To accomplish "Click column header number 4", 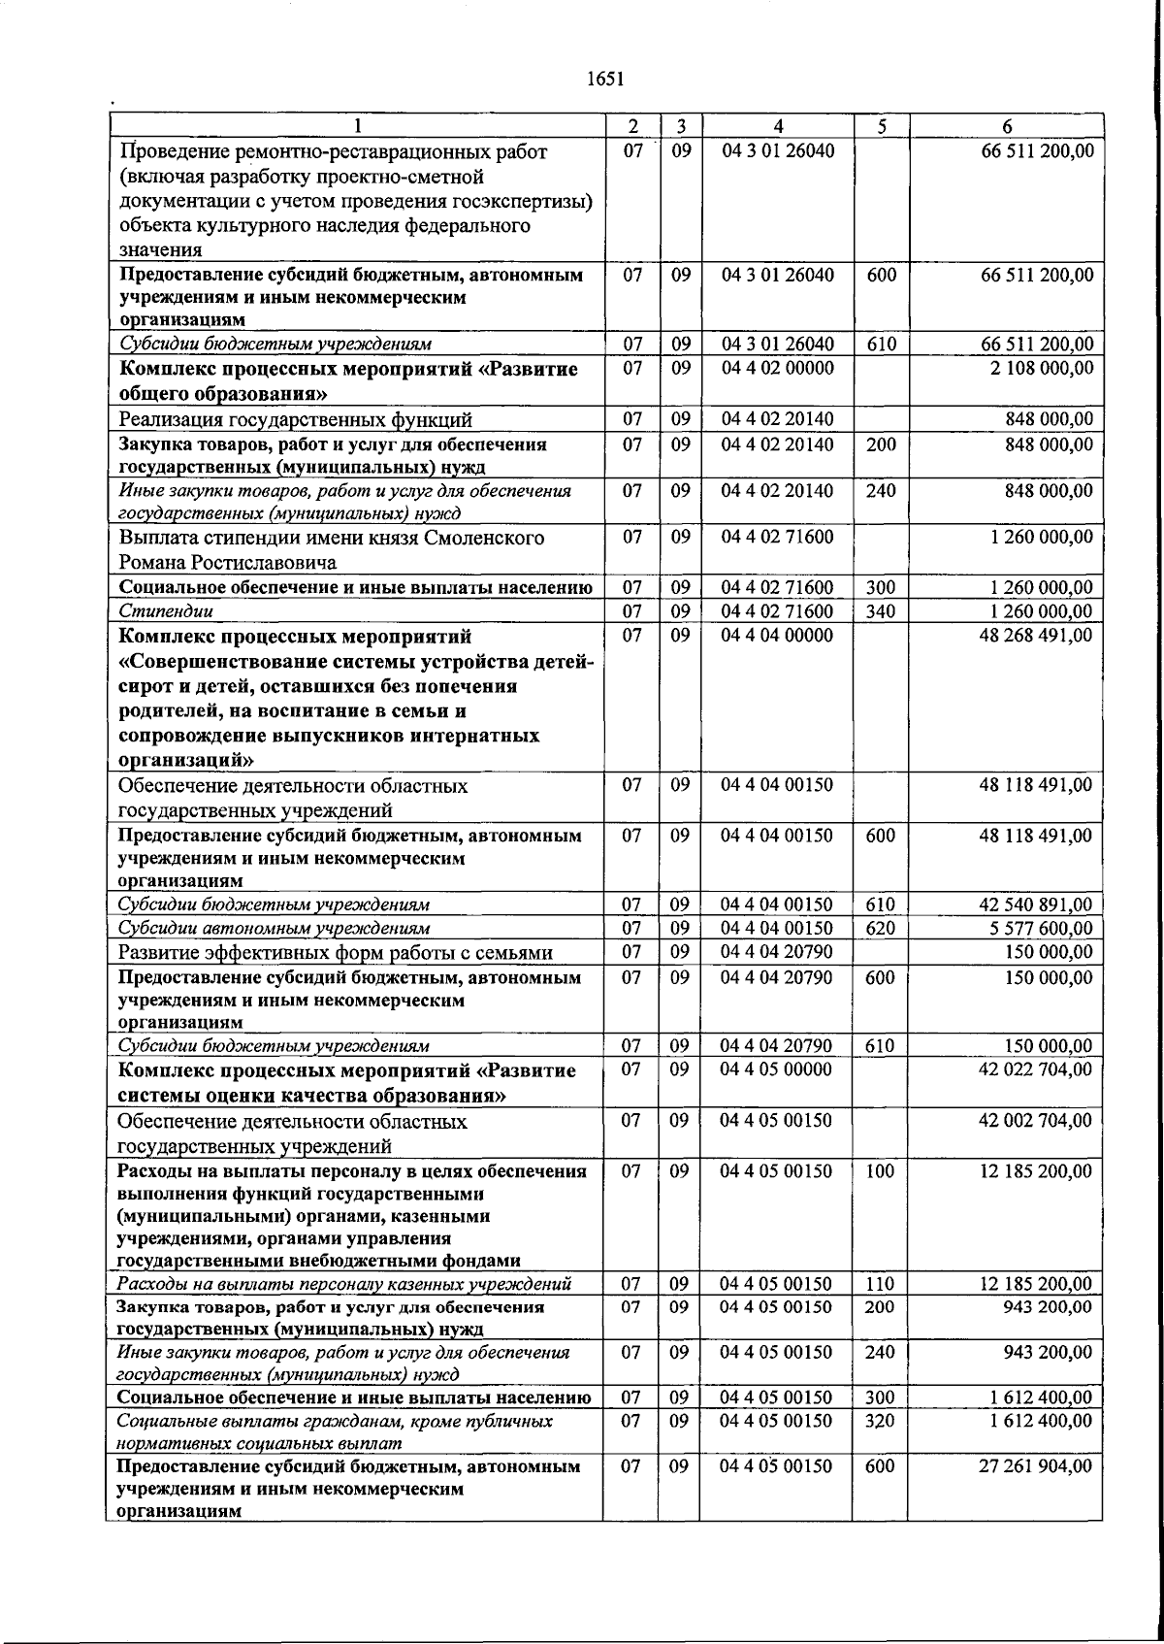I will click(778, 126).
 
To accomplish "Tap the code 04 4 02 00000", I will click(777, 369).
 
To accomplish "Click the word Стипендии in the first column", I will click(166, 611).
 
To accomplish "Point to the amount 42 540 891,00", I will click(1036, 905).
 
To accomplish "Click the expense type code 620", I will click(880, 929).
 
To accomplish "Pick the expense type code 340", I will click(880, 611).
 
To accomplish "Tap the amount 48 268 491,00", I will click(1036, 636).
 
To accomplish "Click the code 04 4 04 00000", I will click(777, 636).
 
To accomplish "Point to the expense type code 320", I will click(880, 1422).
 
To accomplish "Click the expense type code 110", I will click(880, 1284).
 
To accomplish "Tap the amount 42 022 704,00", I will click(1036, 1069).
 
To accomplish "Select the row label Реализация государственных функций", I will click(295, 420).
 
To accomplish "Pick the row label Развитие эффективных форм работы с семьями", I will click(335, 953).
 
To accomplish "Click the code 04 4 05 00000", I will click(777, 1069).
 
